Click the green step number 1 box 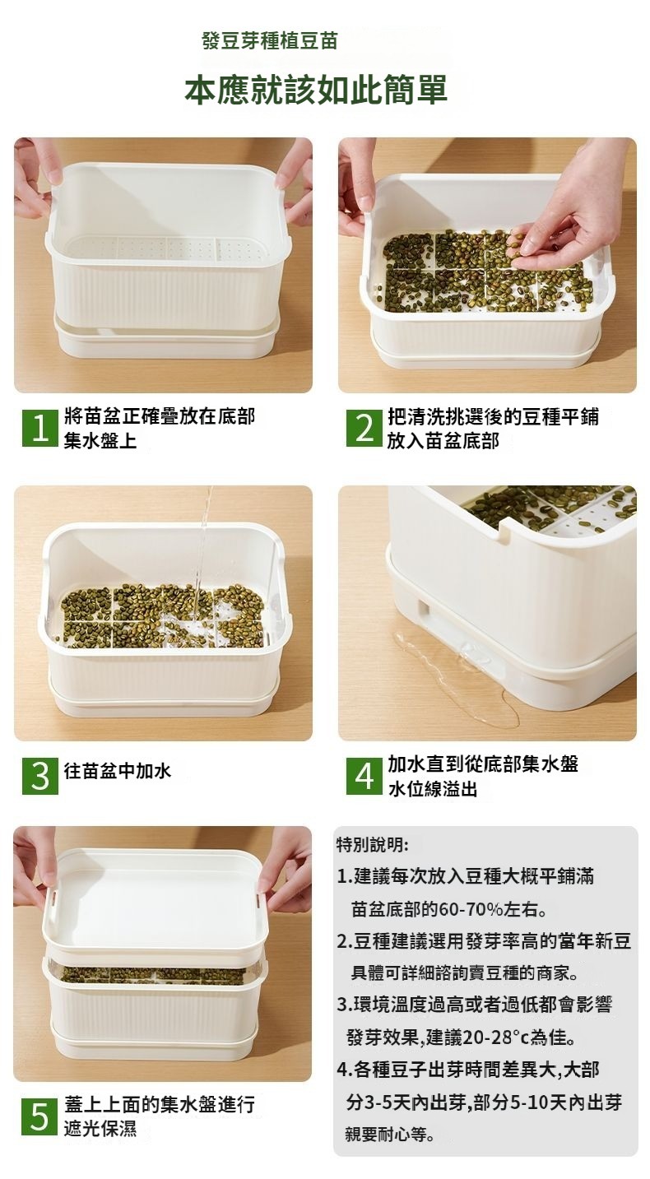[39, 428]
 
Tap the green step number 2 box [364, 428]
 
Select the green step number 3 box [39, 775]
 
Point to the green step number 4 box [364, 775]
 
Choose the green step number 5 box [39, 1116]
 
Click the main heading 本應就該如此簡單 [316, 90]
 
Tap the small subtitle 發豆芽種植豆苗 [270, 40]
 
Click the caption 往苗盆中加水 [118, 771]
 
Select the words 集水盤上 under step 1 [100, 440]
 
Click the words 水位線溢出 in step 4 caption [433, 789]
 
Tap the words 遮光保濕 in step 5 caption [100, 1129]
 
